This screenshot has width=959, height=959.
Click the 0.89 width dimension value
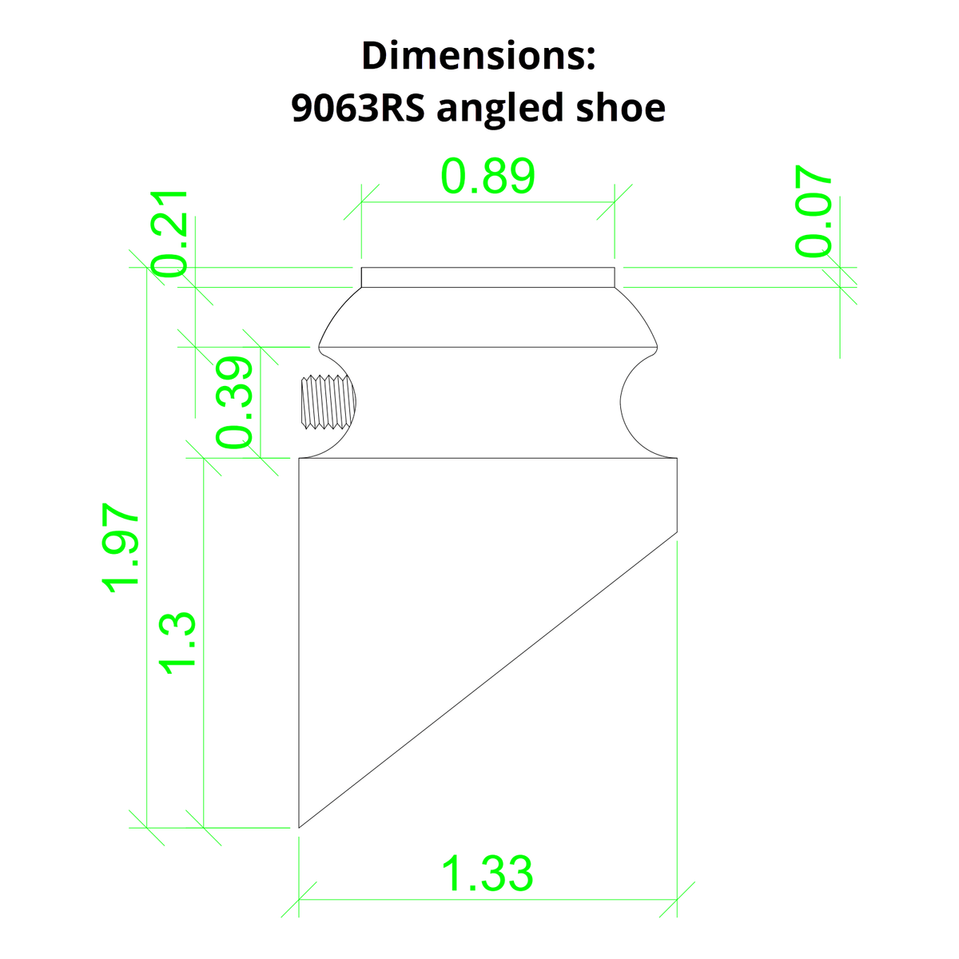click(487, 177)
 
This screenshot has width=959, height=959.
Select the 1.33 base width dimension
click(487, 873)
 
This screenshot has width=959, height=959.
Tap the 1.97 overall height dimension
click(122, 547)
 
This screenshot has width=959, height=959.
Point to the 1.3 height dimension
click(177, 643)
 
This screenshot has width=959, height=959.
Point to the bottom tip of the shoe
click(300, 826)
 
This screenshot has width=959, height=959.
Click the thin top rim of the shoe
click(487, 277)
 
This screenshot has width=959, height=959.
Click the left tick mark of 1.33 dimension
click(299, 899)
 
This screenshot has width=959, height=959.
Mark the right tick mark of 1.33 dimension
click(677, 899)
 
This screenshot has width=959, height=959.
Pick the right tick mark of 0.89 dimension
click(615, 201)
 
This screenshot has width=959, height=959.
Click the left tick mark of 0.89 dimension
click(361, 201)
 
